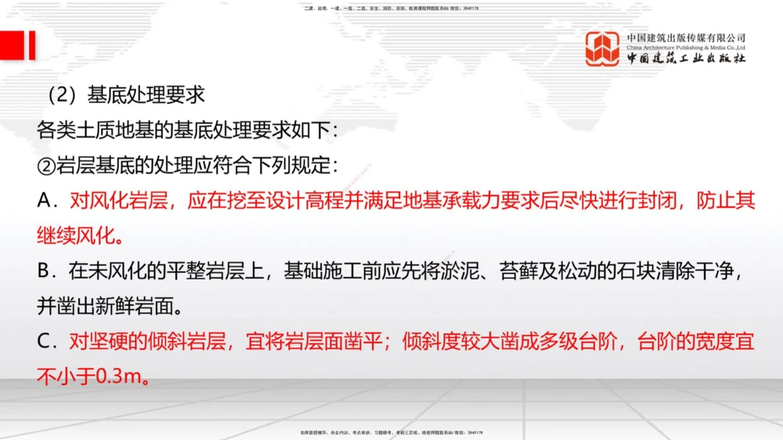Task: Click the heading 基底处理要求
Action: click(x=146, y=95)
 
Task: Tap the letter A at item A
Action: click(x=44, y=201)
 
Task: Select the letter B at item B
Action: click(x=44, y=272)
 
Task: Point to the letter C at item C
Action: click(x=44, y=342)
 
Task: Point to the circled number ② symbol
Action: click(x=45, y=166)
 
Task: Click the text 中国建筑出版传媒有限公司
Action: click(x=686, y=37)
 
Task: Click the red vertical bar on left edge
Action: click(x=31, y=45)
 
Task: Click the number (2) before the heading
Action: click(x=60, y=95)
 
